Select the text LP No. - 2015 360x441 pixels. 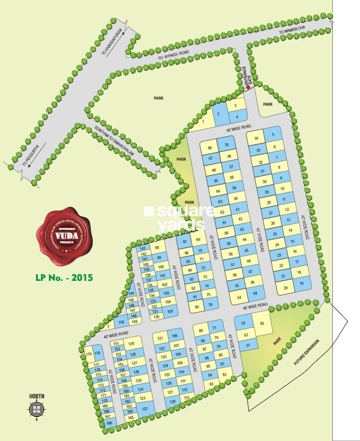[x=64, y=277]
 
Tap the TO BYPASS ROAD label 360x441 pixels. [x=175, y=55]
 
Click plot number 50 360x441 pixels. [x=262, y=323]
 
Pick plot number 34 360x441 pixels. [x=256, y=139]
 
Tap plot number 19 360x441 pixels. [x=302, y=284]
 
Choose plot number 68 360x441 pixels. [x=210, y=148]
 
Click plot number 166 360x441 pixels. [x=109, y=423]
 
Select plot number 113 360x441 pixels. [x=187, y=398]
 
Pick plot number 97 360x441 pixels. [x=184, y=241]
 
